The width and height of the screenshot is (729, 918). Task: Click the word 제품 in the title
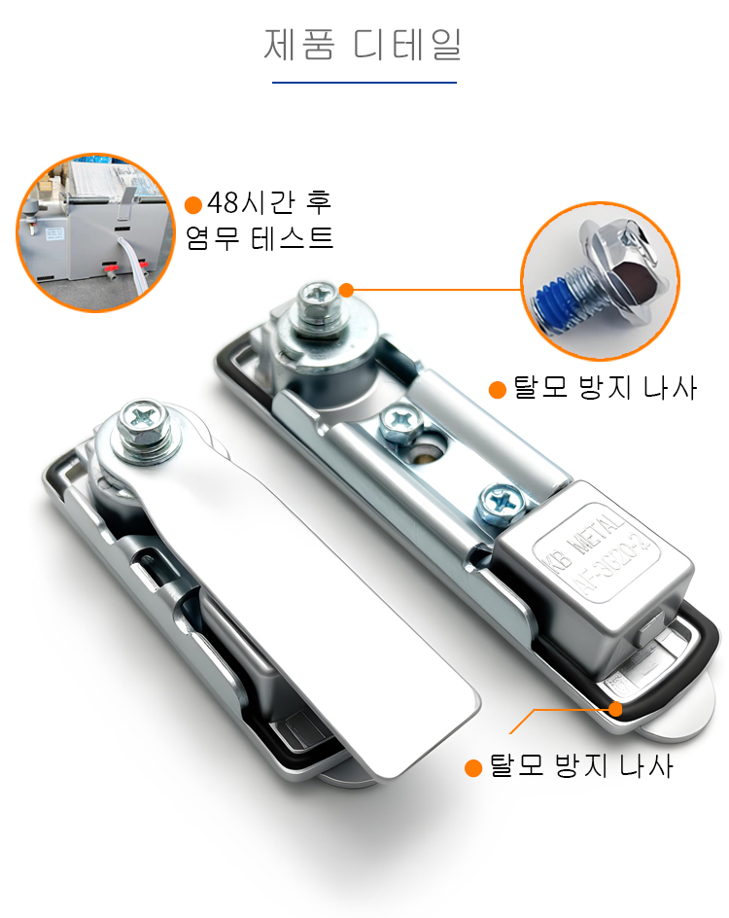pos(299,44)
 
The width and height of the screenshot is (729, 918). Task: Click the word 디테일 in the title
pos(407,44)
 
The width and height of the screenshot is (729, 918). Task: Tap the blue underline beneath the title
pos(364,83)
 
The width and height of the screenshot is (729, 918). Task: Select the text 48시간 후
pos(269,202)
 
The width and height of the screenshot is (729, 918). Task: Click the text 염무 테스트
pos(260,238)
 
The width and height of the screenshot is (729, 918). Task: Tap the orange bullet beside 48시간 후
pos(193,205)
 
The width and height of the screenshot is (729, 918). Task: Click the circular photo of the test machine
pos(95,232)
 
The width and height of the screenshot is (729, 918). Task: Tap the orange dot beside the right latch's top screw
pos(346,290)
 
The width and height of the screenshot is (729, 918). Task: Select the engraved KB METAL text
pos(582,538)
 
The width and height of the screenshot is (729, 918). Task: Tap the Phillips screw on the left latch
pos(144,423)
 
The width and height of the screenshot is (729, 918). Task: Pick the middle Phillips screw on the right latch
pos(401,423)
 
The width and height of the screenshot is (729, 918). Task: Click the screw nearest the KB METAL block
pos(502,503)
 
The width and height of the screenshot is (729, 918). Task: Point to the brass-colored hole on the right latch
pos(428,452)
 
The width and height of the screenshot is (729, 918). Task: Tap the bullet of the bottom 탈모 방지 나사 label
pos(472,768)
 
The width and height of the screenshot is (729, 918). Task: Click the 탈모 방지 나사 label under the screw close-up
pos(605,388)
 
